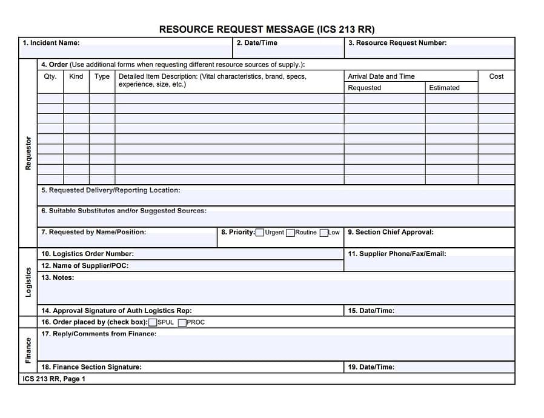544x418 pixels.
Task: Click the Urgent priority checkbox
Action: point(260,233)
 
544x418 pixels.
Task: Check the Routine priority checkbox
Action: point(291,233)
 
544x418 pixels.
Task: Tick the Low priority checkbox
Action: point(324,233)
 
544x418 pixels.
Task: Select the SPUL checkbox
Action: point(153,322)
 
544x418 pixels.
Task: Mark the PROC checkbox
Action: point(182,322)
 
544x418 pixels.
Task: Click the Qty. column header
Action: point(50,76)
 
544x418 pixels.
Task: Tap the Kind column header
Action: point(76,76)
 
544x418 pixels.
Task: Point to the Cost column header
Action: point(496,76)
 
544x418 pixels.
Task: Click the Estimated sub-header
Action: point(444,88)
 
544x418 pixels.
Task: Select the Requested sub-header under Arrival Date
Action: point(365,88)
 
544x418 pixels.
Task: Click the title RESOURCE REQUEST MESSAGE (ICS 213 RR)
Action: point(267,29)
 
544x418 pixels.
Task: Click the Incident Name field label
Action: point(51,43)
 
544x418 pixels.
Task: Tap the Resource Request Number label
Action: point(397,43)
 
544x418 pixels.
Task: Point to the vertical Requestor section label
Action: point(28,153)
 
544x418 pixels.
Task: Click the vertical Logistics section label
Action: point(28,282)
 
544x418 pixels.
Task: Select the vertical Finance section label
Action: point(28,351)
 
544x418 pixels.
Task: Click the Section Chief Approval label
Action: point(391,232)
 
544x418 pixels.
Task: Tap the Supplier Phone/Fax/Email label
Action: point(397,254)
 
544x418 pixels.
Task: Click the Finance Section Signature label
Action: point(91,367)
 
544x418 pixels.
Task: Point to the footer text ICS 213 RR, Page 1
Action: point(54,379)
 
